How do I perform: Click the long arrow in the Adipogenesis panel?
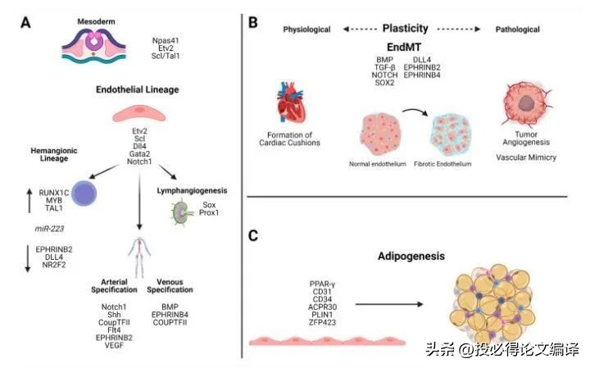pyautogui.click(x=390, y=302)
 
